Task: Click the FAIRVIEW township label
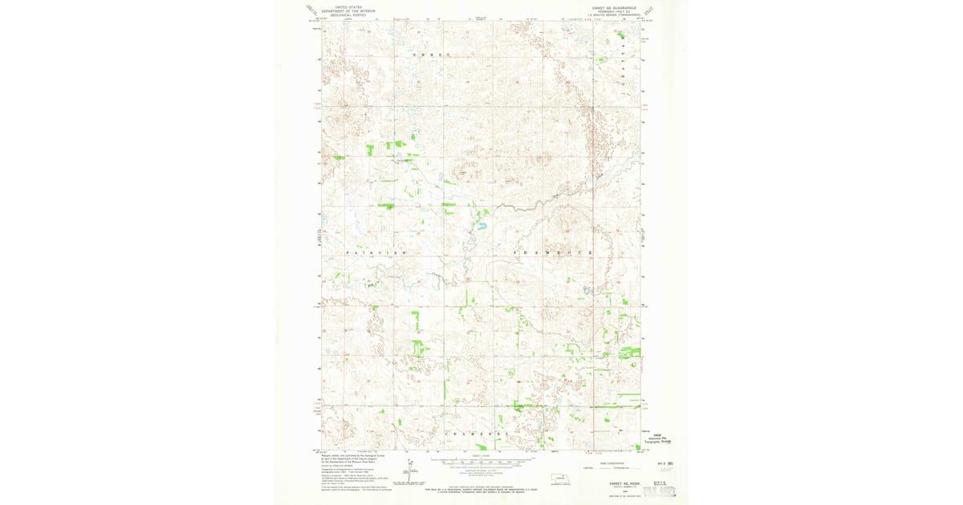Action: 377,252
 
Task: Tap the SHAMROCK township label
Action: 554,252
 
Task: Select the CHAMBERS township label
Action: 478,433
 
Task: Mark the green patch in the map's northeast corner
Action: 622,34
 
